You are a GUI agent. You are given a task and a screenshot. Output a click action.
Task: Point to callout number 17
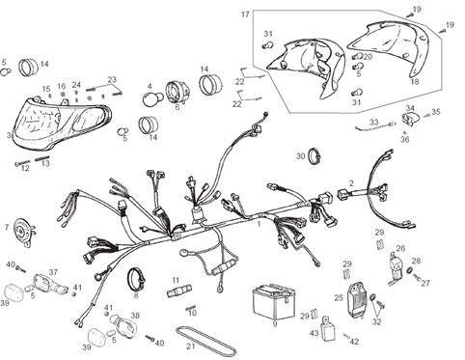point(244,14)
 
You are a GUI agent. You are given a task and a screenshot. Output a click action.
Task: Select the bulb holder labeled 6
point(178,93)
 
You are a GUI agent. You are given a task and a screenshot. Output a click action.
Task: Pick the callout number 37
point(53,273)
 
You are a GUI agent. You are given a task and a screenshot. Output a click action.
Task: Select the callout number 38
point(134,316)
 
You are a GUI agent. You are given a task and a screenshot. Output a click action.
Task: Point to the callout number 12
point(25,168)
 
